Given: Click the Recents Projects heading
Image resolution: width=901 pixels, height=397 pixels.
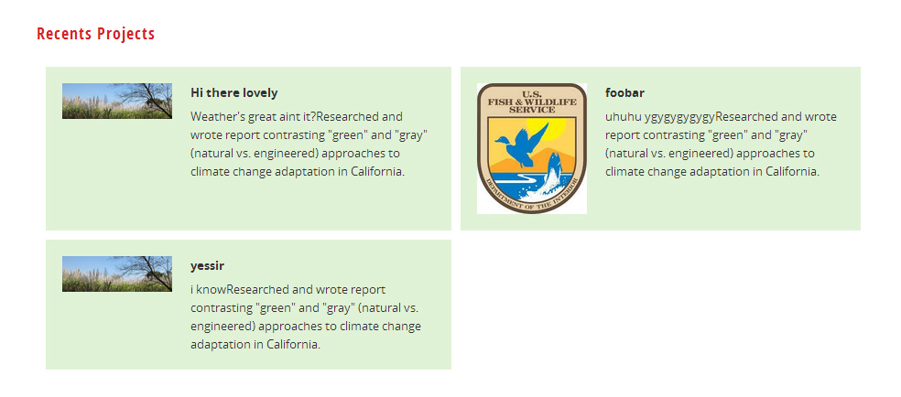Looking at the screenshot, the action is (x=96, y=34).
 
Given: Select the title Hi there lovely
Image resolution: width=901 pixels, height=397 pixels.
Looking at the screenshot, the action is (x=233, y=93).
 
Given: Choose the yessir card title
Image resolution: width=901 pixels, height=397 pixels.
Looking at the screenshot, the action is (x=208, y=266).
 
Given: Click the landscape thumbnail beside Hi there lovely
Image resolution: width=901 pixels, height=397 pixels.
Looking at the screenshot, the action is (x=117, y=101).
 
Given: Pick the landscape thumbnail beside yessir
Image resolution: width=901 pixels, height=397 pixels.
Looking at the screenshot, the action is (x=117, y=274).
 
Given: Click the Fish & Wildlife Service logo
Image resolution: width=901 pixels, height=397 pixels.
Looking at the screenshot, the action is (x=531, y=148).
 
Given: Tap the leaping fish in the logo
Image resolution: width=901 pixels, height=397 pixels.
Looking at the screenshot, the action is (x=552, y=172).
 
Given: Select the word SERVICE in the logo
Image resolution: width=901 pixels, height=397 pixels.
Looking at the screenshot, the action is (x=531, y=110).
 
